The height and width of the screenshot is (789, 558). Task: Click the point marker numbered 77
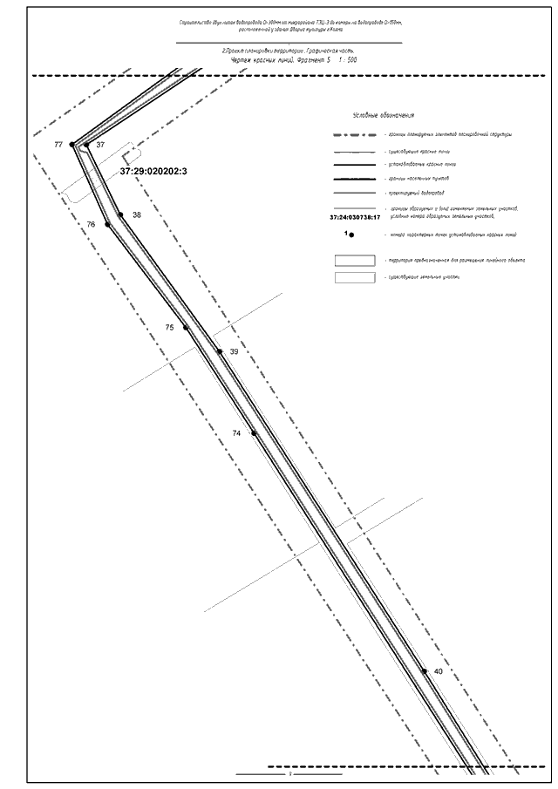tap(73, 145)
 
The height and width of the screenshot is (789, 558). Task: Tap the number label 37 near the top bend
tap(101, 145)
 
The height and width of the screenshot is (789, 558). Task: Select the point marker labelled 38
tap(121, 214)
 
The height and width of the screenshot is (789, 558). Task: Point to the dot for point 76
tap(107, 225)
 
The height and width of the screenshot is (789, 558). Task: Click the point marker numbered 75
tap(186, 328)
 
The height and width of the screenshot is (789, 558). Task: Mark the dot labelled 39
tap(220, 351)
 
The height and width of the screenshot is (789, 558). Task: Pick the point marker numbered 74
tap(254, 432)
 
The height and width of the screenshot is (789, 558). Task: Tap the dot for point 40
tap(425, 671)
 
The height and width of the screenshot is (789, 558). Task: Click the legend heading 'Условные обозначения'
tap(383, 115)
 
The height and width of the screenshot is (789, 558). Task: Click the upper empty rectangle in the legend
tap(356, 260)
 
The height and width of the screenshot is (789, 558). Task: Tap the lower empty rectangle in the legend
tap(356, 277)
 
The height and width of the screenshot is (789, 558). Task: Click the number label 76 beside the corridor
tap(92, 225)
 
